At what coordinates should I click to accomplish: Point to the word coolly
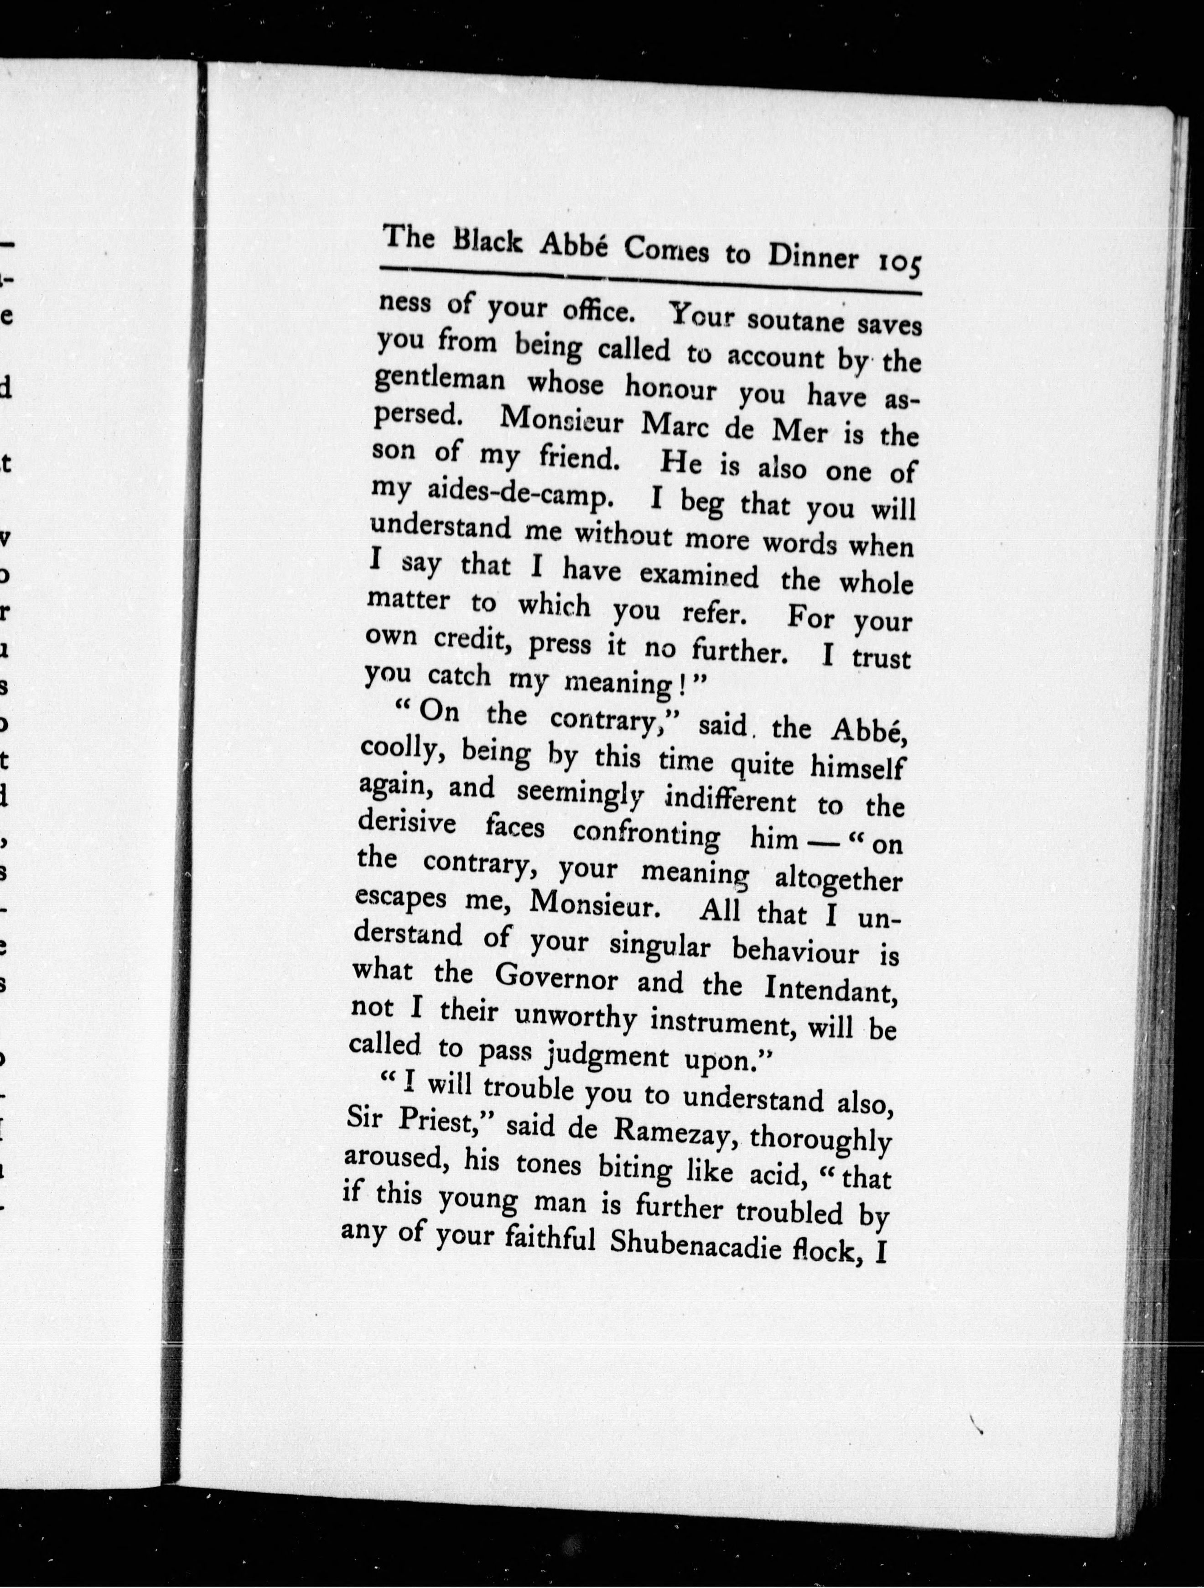[402, 751]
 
